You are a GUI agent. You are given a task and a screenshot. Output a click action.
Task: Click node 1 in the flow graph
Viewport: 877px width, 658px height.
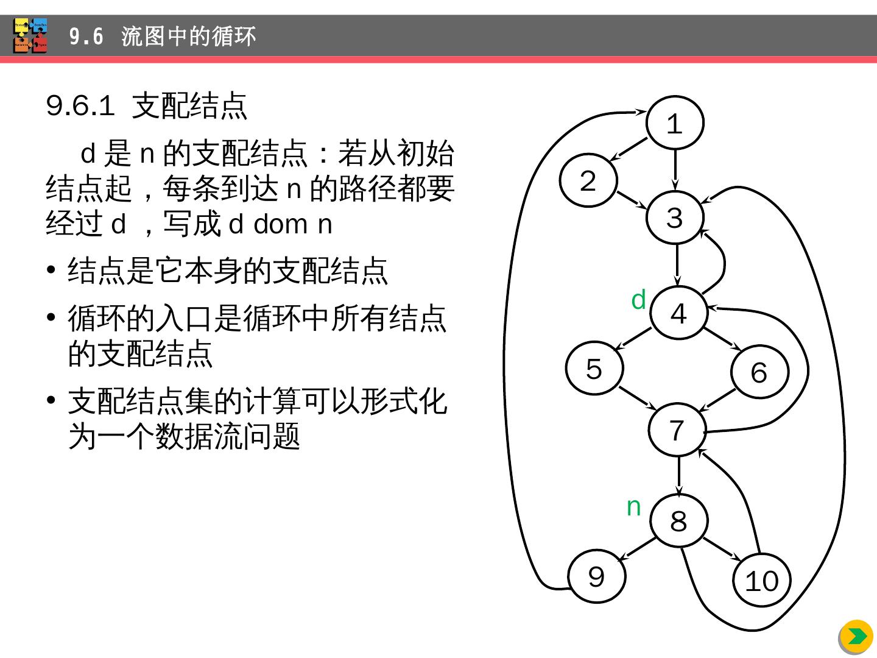click(674, 123)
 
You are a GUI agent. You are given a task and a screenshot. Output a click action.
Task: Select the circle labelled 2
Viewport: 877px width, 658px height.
click(588, 180)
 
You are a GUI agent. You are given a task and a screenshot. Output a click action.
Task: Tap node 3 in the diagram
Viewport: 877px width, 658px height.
click(675, 218)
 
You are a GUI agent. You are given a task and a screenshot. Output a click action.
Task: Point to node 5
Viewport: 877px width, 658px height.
click(594, 368)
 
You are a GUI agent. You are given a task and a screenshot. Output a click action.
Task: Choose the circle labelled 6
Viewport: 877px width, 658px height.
click(759, 372)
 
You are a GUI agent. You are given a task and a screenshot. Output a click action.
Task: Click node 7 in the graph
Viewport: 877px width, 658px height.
click(677, 430)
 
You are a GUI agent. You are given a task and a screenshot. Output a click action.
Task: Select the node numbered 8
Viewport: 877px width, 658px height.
click(678, 520)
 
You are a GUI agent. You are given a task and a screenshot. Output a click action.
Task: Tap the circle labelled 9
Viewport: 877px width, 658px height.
click(596, 576)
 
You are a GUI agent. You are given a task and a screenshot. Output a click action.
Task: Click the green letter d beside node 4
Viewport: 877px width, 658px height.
click(638, 300)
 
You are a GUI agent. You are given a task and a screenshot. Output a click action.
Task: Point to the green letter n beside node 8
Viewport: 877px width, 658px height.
click(634, 506)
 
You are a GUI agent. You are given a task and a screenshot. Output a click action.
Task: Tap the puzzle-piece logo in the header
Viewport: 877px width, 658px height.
click(30, 36)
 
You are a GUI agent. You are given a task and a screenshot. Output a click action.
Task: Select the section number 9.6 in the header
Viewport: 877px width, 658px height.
click(86, 37)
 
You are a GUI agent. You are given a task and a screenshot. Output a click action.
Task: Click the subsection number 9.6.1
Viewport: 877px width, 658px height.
click(80, 106)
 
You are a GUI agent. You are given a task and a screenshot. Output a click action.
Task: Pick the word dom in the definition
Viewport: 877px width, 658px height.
click(281, 224)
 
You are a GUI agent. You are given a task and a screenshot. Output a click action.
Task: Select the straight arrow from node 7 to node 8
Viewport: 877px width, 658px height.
click(678, 475)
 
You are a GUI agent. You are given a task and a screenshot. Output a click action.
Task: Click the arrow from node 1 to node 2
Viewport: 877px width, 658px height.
click(629, 149)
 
